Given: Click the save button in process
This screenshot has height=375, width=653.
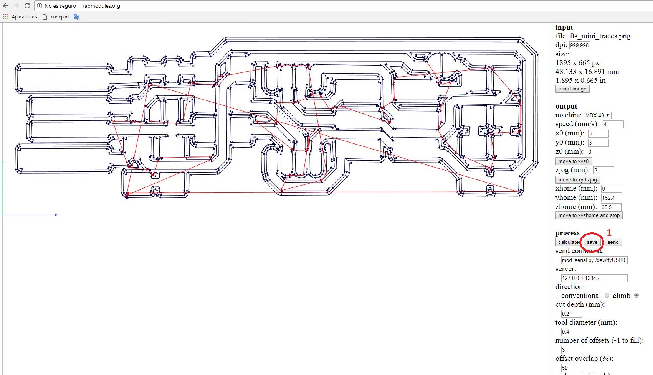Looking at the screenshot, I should point(592,242).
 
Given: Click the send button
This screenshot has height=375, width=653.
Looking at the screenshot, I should point(613,242).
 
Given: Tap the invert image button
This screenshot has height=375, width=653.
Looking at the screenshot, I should point(572,89).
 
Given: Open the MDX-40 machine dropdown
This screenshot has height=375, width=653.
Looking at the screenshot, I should point(597,115).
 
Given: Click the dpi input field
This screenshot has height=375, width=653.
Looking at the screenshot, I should point(579,45).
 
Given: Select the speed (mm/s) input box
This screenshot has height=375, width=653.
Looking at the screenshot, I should point(613,124).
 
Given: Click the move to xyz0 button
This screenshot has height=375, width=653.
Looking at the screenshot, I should point(573,161).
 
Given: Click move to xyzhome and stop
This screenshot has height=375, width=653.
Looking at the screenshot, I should point(589,215).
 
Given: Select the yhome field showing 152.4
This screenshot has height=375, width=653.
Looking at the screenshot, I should point(611,198).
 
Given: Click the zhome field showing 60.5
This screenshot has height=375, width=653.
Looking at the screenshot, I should point(611,207).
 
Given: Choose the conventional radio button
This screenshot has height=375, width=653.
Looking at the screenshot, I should point(607,296).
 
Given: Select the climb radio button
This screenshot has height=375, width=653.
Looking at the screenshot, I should point(636,296).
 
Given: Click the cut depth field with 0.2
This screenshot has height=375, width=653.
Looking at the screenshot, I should point(571,314).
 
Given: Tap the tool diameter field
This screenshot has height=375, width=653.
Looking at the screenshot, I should point(571,332).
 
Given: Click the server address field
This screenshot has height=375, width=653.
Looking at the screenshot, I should point(594,278).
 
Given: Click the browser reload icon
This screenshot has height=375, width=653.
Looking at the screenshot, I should point(27,6).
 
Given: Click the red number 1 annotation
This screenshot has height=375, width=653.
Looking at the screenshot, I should point(609,233).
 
